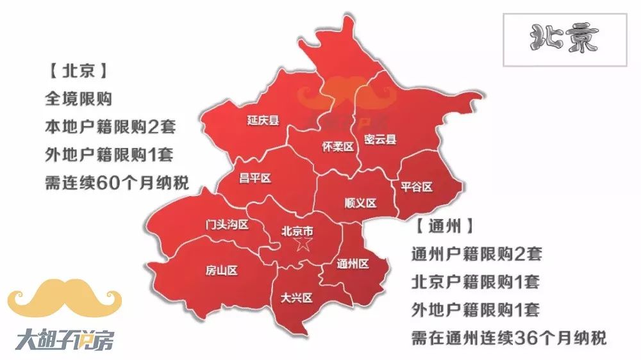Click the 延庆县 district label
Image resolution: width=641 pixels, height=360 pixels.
[x=263, y=120]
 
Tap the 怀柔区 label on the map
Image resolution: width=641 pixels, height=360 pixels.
[x=337, y=147]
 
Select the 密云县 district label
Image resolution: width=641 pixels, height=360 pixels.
[x=380, y=139]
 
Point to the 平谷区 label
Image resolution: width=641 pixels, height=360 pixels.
[x=417, y=187]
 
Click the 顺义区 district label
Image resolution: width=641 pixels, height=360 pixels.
[x=360, y=203]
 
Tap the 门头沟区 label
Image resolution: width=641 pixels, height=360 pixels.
[x=226, y=225]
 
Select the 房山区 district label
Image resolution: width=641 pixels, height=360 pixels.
[x=222, y=270]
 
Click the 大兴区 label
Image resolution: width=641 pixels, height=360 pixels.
[x=296, y=298]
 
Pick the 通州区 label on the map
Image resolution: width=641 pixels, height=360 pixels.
[x=353, y=263]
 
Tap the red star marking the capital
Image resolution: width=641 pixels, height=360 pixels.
[x=303, y=245]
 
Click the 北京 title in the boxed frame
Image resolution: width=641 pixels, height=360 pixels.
[x=564, y=40]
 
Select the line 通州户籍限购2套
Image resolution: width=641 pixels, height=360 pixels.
[x=476, y=254]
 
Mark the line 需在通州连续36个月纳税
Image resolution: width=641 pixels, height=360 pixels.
[x=508, y=338]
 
